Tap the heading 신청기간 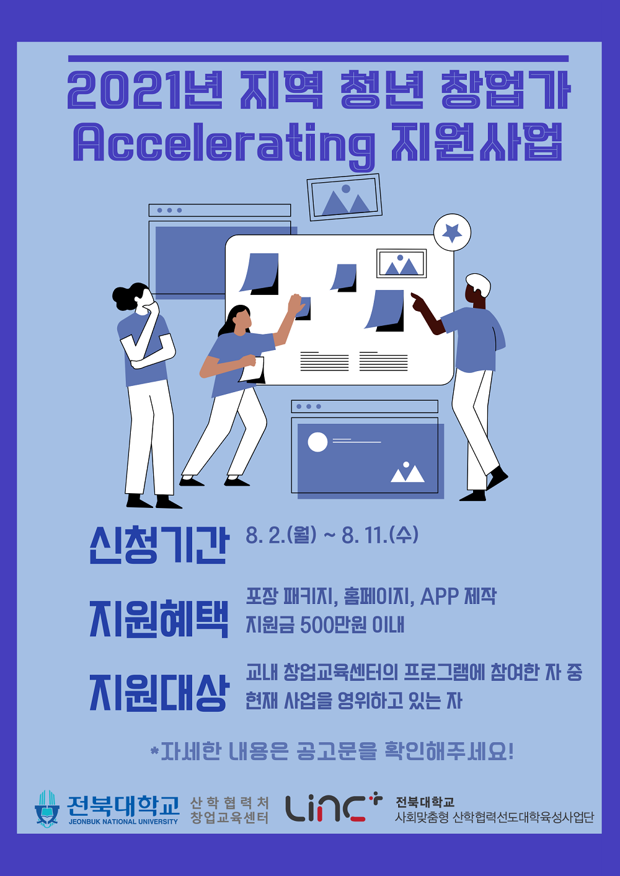pyautogui.click(x=159, y=545)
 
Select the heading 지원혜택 pyautogui.click(x=159, y=618)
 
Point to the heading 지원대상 pyautogui.click(x=159, y=692)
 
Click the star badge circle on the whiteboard pyautogui.click(x=452, y=232)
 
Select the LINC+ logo pyautogui.click(x=334, y=807)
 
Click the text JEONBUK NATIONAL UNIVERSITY pyautogui.click(x=123, y=822)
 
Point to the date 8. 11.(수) pyautogui.click(x=380, y=535)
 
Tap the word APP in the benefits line pyautogui.click(x=440, y=597)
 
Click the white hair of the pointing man pyautogui.click(x=479, y=283)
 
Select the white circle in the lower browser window pyautogui.click(x=317, y=442)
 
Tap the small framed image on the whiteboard pyautogui.click(x=401, y=263)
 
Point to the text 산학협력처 pyautogui.click(x=229, y=803)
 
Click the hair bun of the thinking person pyautogui.click(x=124, y=298)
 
